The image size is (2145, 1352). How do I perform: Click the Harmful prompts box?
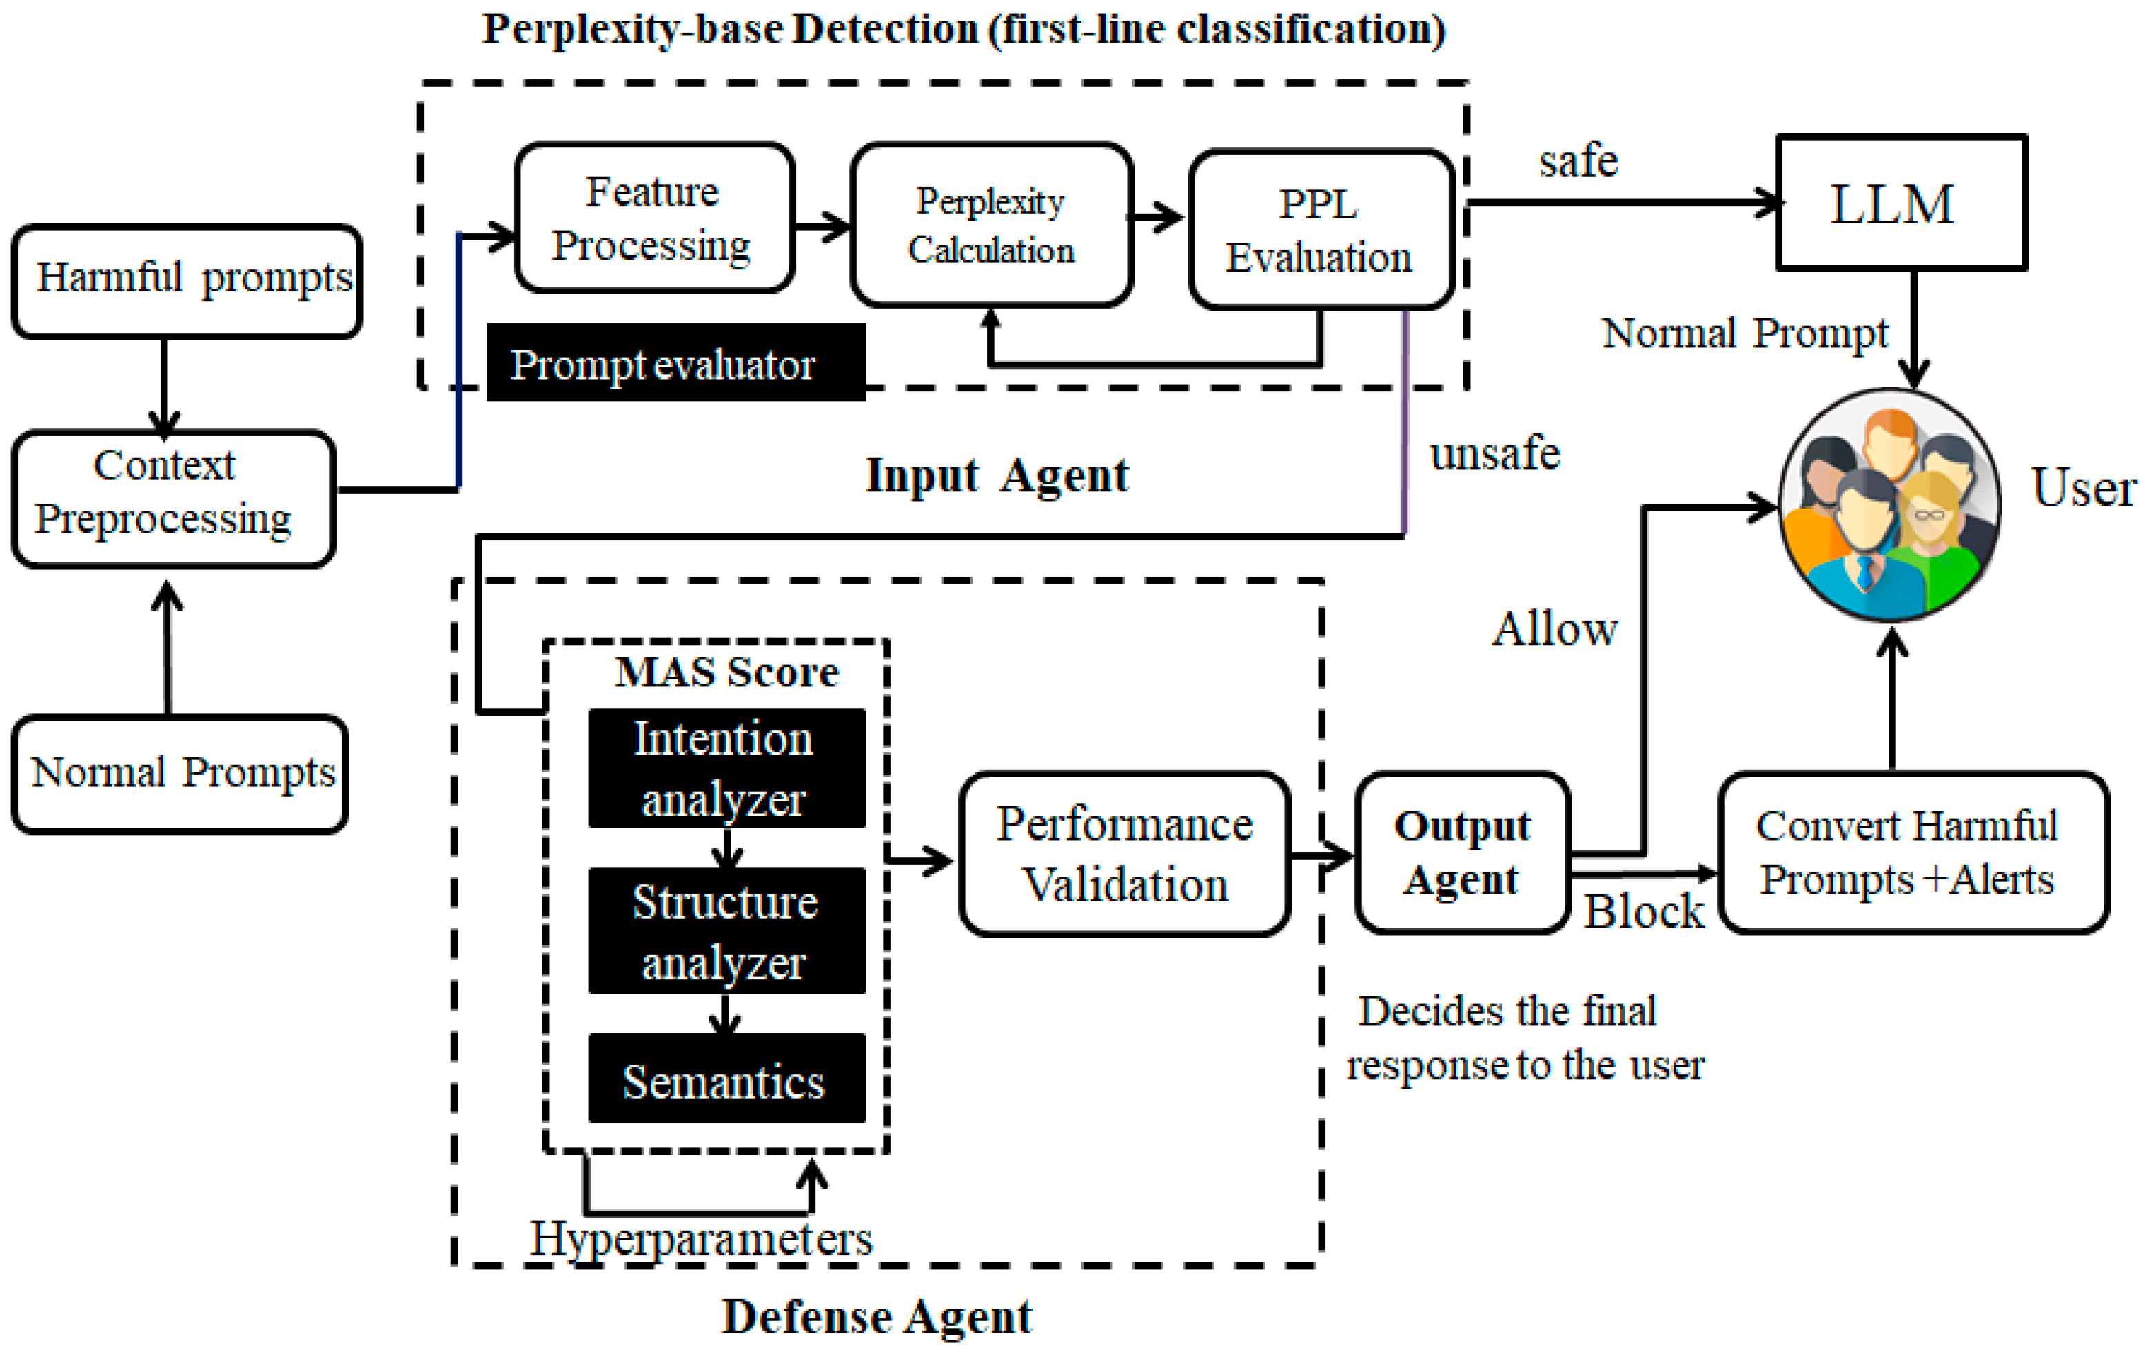[x=187, y=281]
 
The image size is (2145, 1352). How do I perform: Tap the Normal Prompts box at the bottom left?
[x=180, y=773]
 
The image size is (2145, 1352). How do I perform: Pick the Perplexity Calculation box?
[x=990, y=225]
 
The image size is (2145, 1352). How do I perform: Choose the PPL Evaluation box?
[x=1320, y=229]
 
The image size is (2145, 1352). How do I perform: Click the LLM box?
[x=1901, y=203]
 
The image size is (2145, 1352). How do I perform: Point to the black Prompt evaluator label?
[x=675, y=363]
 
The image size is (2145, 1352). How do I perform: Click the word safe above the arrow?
[x=1578, y=161]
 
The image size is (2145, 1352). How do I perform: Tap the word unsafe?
[x=1494, y=453]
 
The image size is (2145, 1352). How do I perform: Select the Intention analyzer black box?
[x=726, y=768]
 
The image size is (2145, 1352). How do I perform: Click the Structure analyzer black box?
[x=726, y=931]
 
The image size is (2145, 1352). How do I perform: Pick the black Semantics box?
[x=726, y=1079]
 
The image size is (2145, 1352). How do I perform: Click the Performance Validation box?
[x=1124, y=853]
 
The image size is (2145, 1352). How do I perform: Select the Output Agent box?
[x=1462, y=852]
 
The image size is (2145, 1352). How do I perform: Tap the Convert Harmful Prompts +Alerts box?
[x=1913, y=852]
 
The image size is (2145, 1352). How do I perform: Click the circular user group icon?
[x=1889, y=505]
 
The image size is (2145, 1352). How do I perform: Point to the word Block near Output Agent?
[x=1643, y=911]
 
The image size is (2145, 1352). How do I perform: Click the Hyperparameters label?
[x=701, y=1239]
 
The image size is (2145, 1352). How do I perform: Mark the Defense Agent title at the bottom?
[x=877, y=1316]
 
